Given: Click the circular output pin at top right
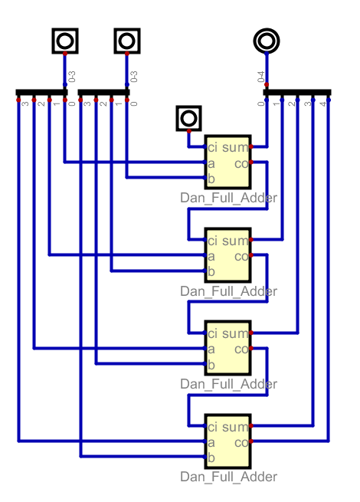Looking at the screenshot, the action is click(267, 41).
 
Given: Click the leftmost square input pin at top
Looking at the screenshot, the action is click(65, 41).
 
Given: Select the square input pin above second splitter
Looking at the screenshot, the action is click(127, 41).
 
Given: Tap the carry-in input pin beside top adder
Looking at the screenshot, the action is click(188, 118).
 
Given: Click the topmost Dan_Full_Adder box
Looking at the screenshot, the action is click(227, 162).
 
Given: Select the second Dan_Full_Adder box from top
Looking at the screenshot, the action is click(227, 255).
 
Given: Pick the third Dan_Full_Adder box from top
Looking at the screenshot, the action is click(227, 348).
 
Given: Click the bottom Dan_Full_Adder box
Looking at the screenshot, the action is click(227, 441).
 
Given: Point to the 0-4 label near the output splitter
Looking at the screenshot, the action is click(261, 77).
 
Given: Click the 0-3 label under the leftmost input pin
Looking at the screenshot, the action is click(72, 77).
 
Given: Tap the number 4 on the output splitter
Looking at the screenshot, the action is click(323, 103).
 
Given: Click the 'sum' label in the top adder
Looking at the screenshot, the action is click(235, 148).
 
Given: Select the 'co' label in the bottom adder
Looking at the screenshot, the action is click(241, 443).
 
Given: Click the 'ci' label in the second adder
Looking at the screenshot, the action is click(212, 241).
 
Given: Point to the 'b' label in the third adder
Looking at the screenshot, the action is click(211, 365).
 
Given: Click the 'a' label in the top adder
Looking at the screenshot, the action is click(211, 164).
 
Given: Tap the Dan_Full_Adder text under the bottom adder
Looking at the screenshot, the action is click(228, 477).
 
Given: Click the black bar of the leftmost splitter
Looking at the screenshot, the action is click(41, 93).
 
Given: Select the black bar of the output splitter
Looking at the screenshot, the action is click(297, 93).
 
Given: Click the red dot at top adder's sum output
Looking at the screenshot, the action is click(251, 146).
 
